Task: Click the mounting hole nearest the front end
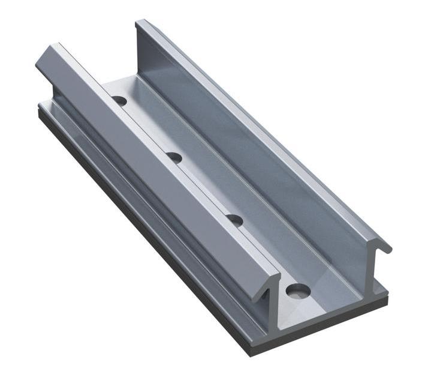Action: [x=298, y=291]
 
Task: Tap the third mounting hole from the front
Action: [x=174, y=157]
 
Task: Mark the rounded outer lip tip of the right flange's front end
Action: [x=388, y=247]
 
